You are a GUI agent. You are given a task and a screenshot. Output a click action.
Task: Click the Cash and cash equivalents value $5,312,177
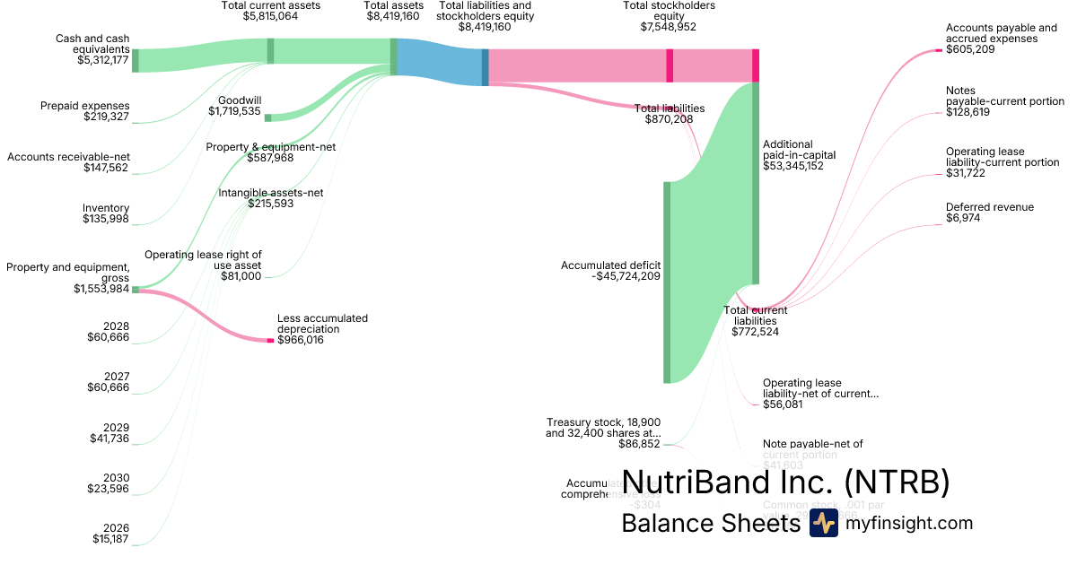point(103,61)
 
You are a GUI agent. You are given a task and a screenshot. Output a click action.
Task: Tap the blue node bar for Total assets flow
point(486,67)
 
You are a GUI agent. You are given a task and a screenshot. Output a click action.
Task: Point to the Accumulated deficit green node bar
point(667,282)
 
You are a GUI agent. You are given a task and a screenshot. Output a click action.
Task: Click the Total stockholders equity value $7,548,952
point(669,27)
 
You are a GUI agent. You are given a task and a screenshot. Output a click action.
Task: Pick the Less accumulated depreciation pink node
point(270,341)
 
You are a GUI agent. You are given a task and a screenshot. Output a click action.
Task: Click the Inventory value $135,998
point(106,219)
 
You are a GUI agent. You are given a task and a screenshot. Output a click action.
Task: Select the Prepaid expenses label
point(85,106)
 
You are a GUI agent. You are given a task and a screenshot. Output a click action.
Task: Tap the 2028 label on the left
point(117,326)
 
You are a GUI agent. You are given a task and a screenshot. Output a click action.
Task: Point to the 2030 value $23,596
point(109,489)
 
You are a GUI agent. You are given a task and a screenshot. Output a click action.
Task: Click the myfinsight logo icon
point(823,524)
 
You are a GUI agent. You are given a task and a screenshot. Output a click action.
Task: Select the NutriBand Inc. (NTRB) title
point(785,482)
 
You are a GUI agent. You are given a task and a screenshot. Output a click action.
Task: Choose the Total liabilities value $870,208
point(669,119)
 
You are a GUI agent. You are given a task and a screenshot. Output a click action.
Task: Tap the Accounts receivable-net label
point(69,157)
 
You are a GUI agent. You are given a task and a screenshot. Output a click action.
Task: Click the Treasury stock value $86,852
point(639,444)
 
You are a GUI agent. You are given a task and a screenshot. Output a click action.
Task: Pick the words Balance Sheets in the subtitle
point(710,524)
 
